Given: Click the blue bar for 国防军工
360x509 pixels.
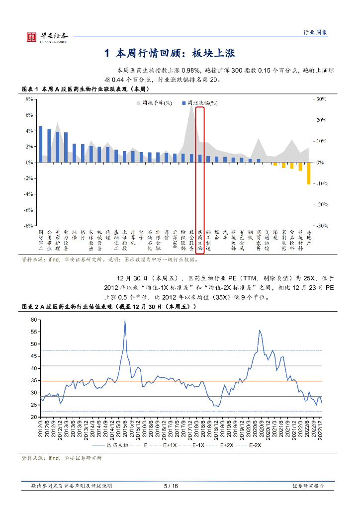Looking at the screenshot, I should click(41, 144).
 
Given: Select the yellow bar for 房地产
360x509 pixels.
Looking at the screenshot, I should click(308, 173).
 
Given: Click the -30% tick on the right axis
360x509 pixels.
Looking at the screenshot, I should click(319, 226).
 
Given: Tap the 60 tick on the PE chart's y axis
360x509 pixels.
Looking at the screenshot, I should click(33, 320).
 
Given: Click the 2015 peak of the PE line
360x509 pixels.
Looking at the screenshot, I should click(125, 321).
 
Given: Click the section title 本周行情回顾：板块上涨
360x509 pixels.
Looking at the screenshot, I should click(176, 53).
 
